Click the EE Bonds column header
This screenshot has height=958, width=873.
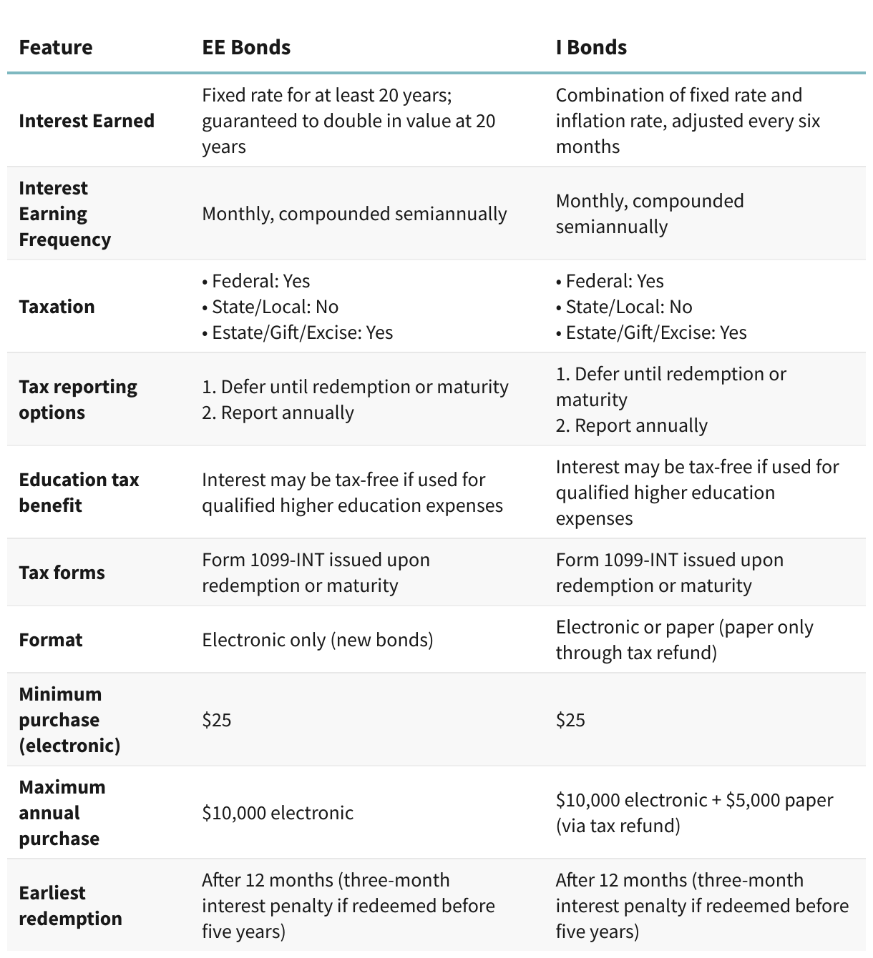tap(246, 47)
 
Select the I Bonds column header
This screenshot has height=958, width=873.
tap(591, 47)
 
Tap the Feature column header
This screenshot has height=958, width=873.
tap(56, 47)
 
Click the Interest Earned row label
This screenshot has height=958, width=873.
tap(87, 121)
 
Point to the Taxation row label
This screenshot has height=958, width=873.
tap(57, 307)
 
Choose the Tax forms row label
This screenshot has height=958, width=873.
tap(62, 573)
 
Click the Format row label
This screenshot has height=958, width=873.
tap(51, 640)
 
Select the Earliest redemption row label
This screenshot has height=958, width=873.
tap(70, 906)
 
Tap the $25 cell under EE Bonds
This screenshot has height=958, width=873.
tap(217, 720)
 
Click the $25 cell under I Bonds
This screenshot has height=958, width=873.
tap(570, 720)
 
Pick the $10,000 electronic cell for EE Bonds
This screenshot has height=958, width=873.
tap(278, 813)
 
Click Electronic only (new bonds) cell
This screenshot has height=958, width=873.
tap(318, 640)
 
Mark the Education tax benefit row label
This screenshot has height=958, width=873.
tap(79, 493)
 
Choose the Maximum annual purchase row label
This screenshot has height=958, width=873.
tap(62, 813)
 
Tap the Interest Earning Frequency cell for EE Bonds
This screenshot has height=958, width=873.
tap(354, 214)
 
